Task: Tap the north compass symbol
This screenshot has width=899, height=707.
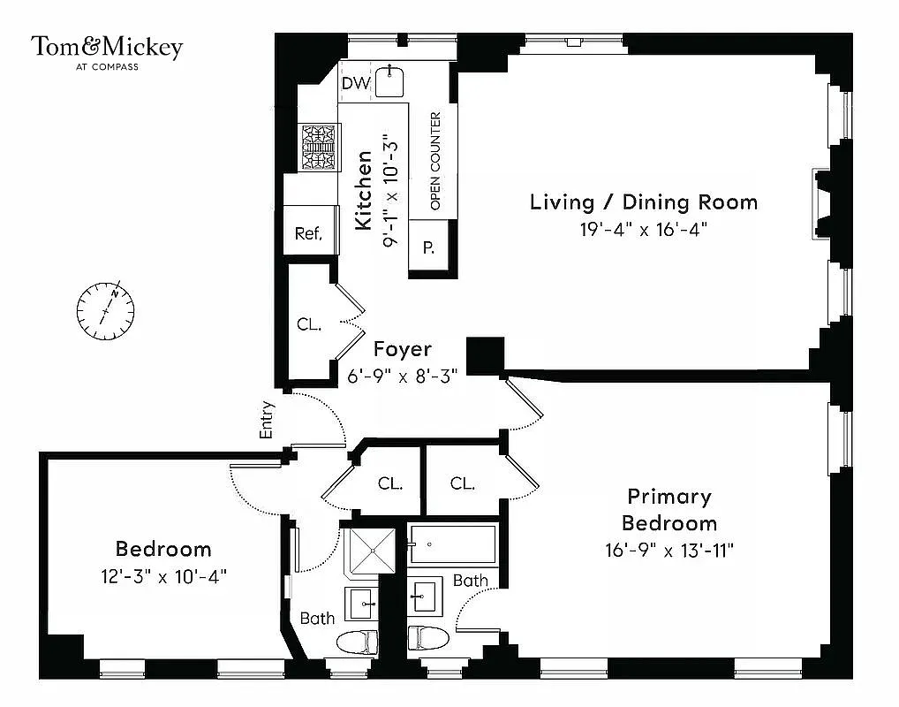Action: pyautogui.click(x=106, y=310)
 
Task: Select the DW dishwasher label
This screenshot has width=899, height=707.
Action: pyautogui.click(x=355, y=84)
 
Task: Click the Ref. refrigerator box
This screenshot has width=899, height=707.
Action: pyautogui.click(x=308, y=233)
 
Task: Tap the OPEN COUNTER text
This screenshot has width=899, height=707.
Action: pyautogui.click(x=434, y=161)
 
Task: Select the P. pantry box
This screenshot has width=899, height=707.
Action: pyautogui.click(x=429, y=248)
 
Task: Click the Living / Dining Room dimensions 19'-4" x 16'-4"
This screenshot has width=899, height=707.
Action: pyautogui.click(x=644, y=229)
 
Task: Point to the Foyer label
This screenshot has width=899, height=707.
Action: pyautogui.click(x=402, y=349)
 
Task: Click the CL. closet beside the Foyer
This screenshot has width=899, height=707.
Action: pyautogui.click(x=308, y=324)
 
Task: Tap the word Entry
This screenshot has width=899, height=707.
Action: pyautogui.click(x=268, y=421)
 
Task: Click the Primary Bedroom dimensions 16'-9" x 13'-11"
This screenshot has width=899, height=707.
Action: pyautogui.click(x=669, y=550)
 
